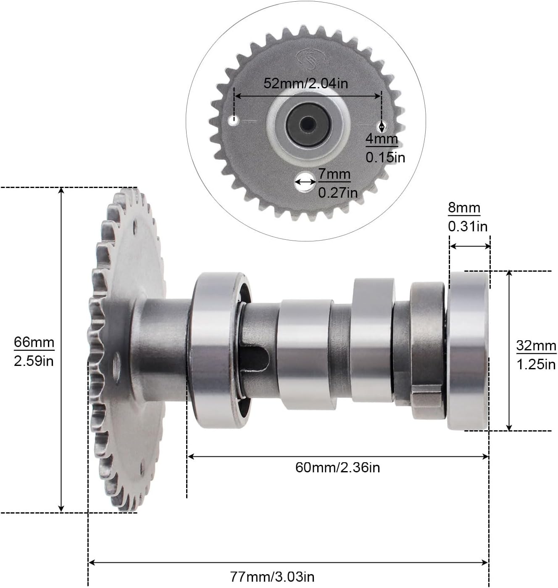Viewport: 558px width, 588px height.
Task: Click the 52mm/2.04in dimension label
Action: [305, 83]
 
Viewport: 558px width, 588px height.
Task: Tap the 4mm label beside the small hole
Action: [381, 138]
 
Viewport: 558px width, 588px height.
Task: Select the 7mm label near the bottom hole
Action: [334, 174]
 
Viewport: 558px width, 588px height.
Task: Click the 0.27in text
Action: [338, 193]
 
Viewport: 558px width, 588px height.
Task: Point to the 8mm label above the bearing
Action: [464, 207]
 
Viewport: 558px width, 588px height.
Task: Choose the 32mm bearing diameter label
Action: [536, 346]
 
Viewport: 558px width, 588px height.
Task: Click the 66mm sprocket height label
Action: [34, 342]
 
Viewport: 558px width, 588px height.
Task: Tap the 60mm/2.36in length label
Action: [337, 467]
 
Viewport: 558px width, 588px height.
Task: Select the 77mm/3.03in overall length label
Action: [272, 576]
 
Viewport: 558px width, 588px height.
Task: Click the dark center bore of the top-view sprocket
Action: [308, 124]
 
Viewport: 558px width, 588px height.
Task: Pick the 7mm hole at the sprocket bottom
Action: [305, 182]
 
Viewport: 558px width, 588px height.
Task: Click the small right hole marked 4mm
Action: [382, 126]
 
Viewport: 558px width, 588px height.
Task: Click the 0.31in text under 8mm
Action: [468, 227]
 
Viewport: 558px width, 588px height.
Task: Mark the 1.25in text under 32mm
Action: [536, 364]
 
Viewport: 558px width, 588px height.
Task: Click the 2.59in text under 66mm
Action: [34, 361]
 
